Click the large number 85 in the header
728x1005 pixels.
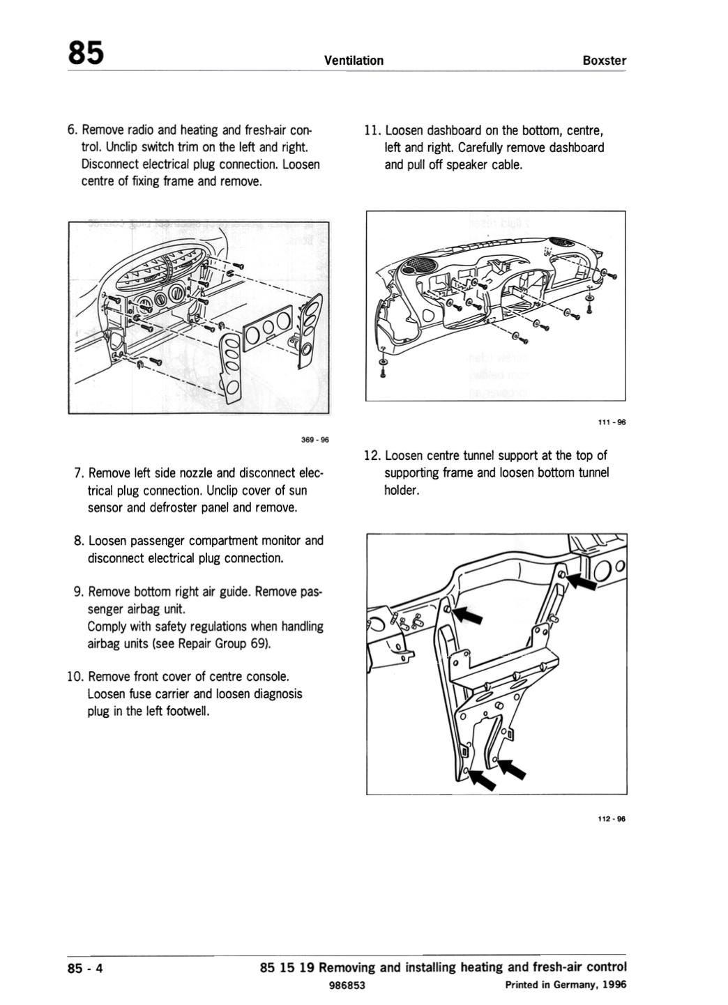pyautogui.click(x=86, y=53)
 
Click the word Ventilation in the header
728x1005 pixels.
pyautogui.click(x=354, y=61)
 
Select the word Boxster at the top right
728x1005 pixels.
pyautogui.click(x=604, y=61)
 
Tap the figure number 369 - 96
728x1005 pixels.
pyautogui.click(x=314, y=440)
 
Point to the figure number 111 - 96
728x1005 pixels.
pyautogui.click(x=612, y=422)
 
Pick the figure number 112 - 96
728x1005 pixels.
pyautogui.click(x=612, y=818)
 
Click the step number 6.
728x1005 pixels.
pyautogui.click(x=71, y=130)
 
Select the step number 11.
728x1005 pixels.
pyautogui.click(x=371, y=130)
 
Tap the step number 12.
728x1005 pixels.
pyautogui.click(x=371, y=456)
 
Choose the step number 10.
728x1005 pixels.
pyautogui.click(x=75, y=677)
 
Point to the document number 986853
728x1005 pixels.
pyautogui.click(x=347, y=985)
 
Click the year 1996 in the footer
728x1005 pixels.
pyautogui.click(x=614, y=985)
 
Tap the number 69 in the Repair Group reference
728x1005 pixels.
pyautogui.click(x=257, y=643)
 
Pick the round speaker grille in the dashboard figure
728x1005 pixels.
pyautogui.click(x=419, y=266)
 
